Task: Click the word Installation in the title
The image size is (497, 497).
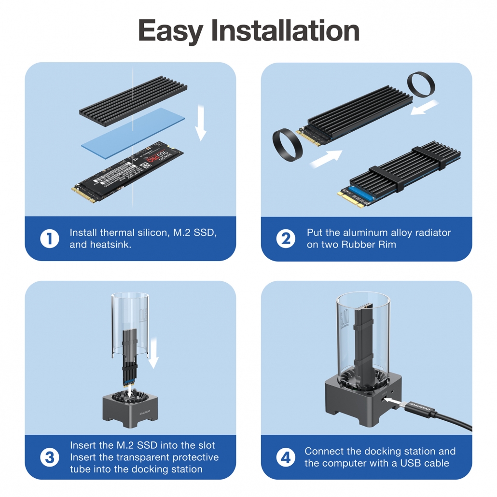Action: tap(286, 31)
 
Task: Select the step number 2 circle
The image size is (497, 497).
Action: tap(286, 239)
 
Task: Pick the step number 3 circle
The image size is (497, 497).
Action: tap(49, 457)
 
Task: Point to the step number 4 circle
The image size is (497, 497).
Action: tap(286, 457)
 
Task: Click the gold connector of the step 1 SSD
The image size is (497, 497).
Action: tap(82, 193)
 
